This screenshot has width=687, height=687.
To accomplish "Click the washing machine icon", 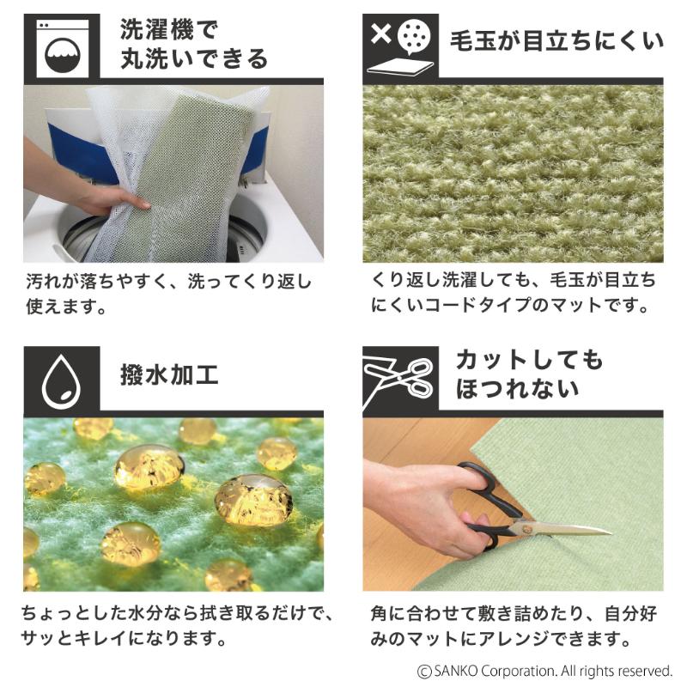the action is [x=62, y=48].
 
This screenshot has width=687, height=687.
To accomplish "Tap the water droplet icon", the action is [x=61, y=380].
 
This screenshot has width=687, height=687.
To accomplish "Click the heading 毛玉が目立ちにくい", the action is [x=556, y=41].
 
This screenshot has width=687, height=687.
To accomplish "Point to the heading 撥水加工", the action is [x=169, y=375].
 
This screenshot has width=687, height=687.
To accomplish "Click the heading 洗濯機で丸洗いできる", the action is [x=193, y=45].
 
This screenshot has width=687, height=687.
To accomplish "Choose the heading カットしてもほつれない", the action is [x=529, y=374].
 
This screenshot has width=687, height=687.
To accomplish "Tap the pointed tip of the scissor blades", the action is [x=611, y=532].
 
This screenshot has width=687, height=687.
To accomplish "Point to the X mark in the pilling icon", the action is [x=380, y=34].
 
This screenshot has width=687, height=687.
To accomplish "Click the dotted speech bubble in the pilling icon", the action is [x=414, y=37].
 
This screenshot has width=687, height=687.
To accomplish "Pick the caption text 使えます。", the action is [x=66, y=307].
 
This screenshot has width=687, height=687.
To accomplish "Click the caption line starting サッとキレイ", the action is [x=124, y=638].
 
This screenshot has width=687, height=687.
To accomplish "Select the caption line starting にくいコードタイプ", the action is [x=509, y=305].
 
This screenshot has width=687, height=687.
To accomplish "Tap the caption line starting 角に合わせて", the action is [x=514, y=613].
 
